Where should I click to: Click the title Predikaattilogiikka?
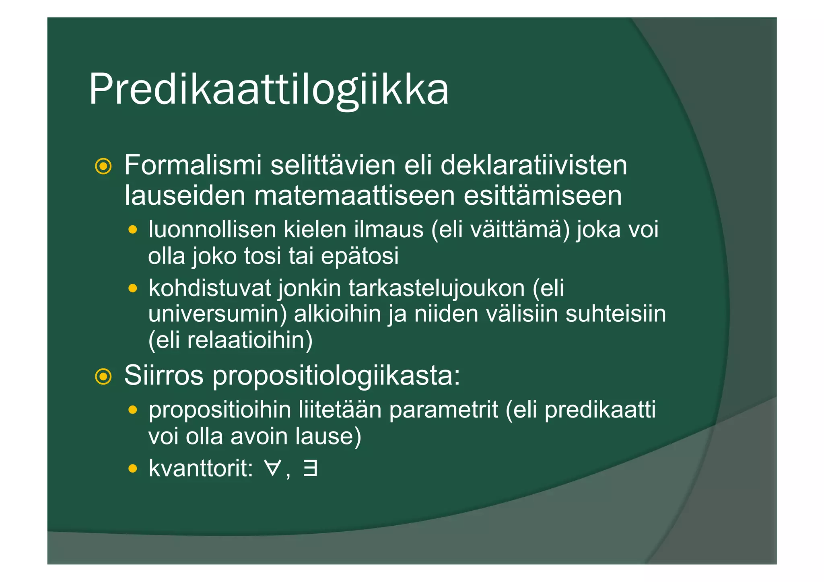click(268, 89)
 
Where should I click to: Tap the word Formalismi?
click(193, 165)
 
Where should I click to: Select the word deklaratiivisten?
click(534, 165)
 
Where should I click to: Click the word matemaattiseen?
click(354, 196)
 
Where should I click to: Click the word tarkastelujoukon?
click(437, 288)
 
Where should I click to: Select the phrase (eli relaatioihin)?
click(230, 340)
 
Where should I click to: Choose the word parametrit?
click(443, 410)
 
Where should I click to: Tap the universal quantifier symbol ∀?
click(272, 469)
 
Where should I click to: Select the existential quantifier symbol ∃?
click(310, 469)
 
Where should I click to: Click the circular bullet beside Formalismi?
click(103, 167)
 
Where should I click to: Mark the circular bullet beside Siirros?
click(103, 377)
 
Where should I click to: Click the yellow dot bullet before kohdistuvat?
click(133, 288)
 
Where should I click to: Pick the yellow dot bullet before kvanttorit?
click(133, 469)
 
